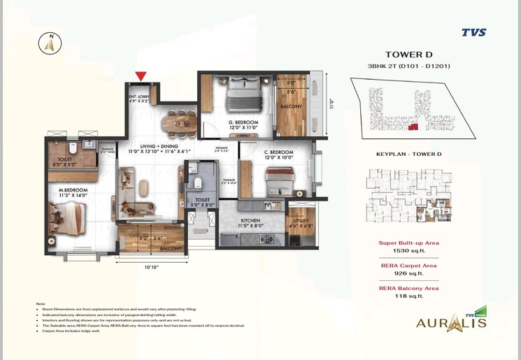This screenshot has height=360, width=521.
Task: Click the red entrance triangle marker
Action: click(x=141, y=75)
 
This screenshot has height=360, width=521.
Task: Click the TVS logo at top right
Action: click(x=473, y=32)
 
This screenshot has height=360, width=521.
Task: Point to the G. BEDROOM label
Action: click(x=243, y=122)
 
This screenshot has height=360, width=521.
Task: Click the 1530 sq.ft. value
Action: click(x=409, y=250)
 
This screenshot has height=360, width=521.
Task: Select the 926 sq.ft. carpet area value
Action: click(x=409, y=273)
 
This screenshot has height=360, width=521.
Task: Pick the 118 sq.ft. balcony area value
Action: click(x=409, y=296)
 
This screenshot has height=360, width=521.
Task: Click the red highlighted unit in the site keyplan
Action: click(x=414, y=127)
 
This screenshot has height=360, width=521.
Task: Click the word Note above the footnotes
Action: click(x=40, y=304)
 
